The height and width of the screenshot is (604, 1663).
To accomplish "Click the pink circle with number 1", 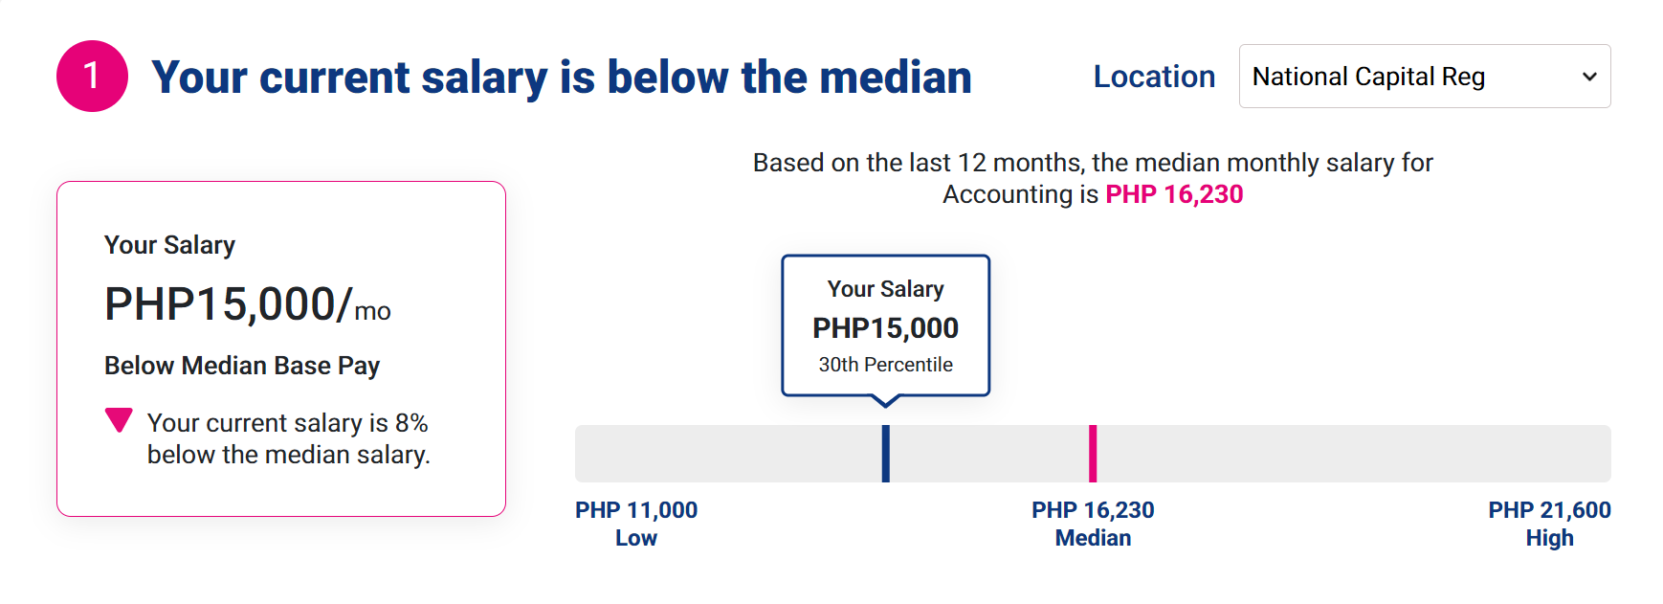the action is (92, 76).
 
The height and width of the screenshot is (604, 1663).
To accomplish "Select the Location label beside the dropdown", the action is (1154, 77).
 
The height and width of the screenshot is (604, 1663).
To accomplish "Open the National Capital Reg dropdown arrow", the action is (1589, 77).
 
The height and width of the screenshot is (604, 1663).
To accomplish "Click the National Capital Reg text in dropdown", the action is (1368, 77).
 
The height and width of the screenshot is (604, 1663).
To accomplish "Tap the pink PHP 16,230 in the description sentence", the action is (1174, 194).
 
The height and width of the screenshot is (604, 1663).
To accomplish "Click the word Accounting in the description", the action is (1008, 195).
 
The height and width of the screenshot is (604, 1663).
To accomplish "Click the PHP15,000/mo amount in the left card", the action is (247, 304).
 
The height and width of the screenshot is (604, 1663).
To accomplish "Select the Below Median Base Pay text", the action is (242, 366).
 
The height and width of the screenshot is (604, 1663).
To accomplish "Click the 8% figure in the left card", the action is (411, 423).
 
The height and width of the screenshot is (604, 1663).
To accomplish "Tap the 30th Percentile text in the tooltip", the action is (885, 365).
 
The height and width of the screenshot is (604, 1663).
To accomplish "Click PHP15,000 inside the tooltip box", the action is (885, 328).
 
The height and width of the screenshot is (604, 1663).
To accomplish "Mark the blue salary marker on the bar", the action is (886, 454).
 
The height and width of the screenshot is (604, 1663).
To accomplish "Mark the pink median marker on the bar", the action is (1093, 454).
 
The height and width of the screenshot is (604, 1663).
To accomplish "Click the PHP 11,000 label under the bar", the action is (636, 510).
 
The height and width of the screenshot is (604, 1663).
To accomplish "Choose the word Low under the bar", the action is (636, 538).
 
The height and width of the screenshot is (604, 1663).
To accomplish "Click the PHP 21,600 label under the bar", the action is (1549, 510).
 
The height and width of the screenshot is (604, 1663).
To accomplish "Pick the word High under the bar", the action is (1549, 538).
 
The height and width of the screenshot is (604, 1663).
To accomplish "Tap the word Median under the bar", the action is (1093, 538).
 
